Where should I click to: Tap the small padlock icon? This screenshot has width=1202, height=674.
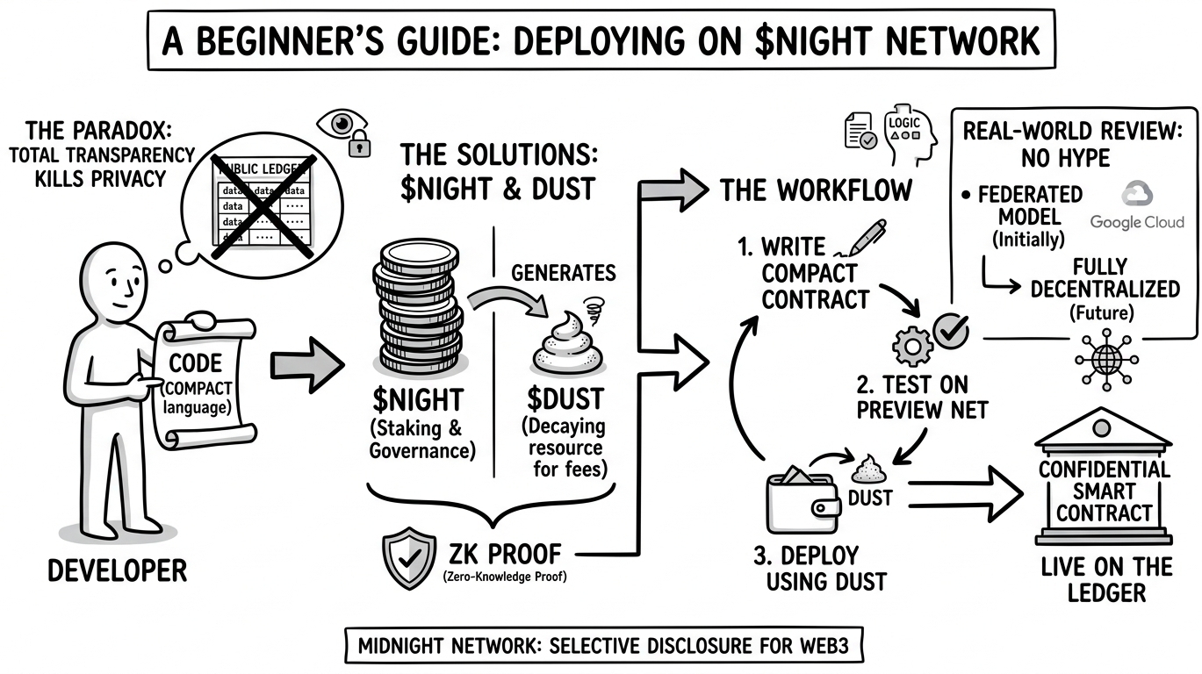point(360,145)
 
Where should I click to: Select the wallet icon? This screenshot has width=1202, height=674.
point(801,503)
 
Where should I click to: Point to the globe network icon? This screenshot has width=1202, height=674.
point(1104,359)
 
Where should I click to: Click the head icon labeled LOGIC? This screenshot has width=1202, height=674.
point(905,132)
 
